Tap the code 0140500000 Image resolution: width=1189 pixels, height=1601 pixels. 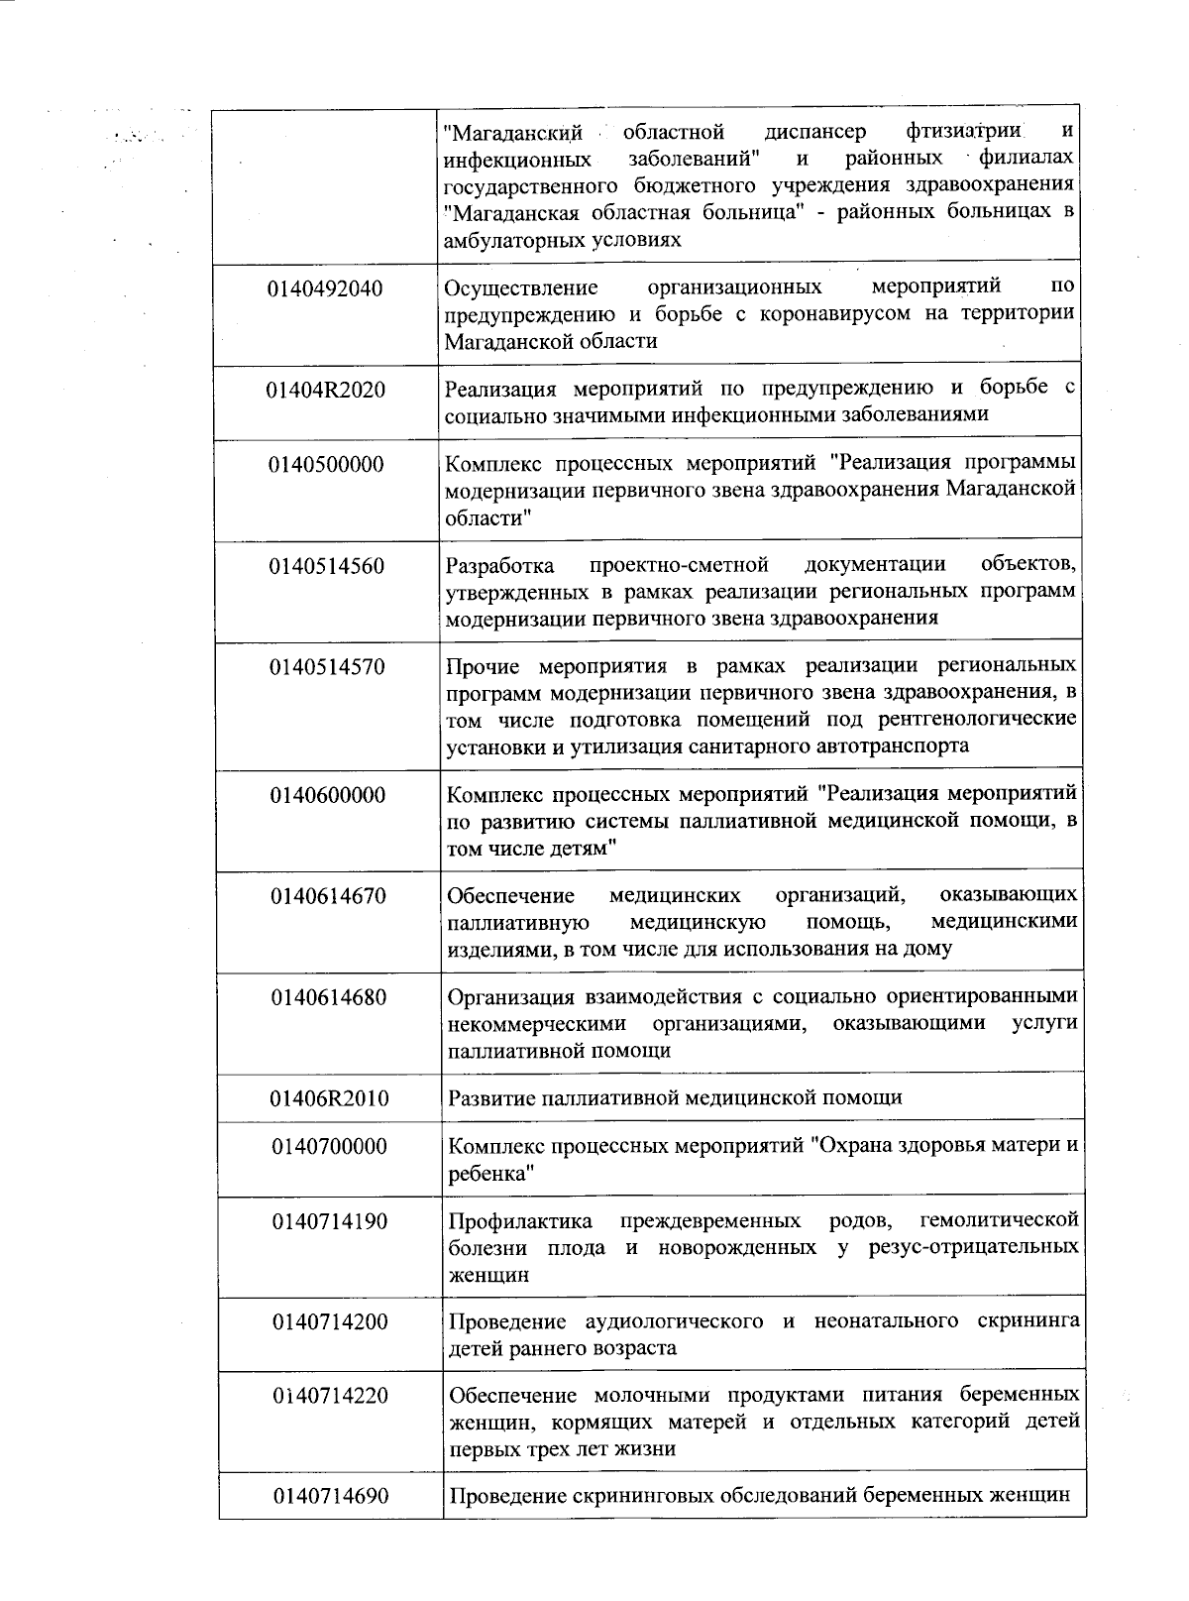pos(326,465)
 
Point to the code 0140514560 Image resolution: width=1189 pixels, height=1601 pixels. pos(326,566)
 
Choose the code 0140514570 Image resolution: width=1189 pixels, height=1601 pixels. pos(327,666)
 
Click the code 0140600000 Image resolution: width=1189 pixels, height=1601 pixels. pos(328,796)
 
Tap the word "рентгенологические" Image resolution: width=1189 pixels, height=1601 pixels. pos(967,718)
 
